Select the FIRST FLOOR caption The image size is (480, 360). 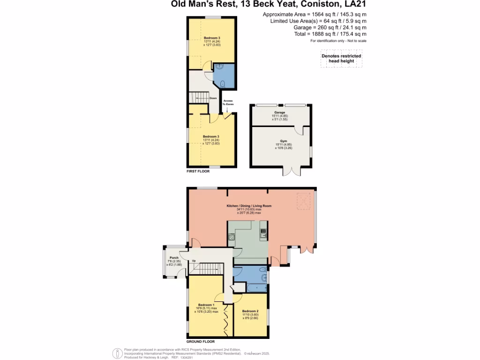pos(197,172)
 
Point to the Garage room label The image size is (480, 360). pos(279,112)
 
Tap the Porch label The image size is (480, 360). pos(171,257)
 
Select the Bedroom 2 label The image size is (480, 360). pos(250,311)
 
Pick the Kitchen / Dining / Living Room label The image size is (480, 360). pos(249,206)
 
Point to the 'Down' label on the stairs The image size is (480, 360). pos(213,98)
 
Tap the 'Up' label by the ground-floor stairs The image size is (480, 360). pos(194,261)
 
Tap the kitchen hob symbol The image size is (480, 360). pos(231,237)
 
